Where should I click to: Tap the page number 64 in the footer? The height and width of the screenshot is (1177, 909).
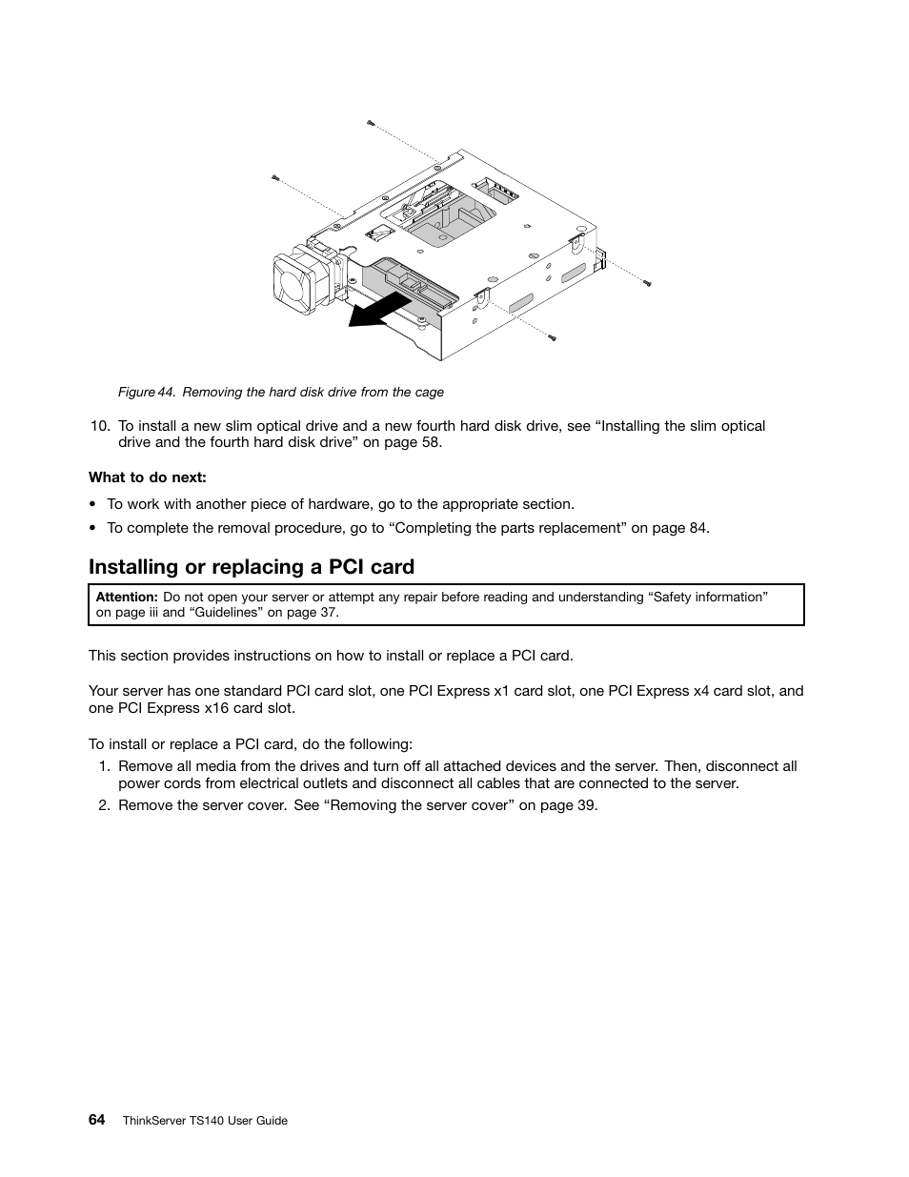pyautogui.click(x=97, y=1120)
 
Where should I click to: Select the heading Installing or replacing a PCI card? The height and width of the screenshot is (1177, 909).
pyautogui.click(x=252, y=567)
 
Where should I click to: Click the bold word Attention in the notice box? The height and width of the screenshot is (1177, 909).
pyautogui.click(x=127, y=598)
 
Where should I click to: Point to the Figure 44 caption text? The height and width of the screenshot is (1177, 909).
pyautogui.click(x=281, y=393)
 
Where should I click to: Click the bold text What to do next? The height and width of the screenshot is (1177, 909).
pyautogui.click(x=148, y=477)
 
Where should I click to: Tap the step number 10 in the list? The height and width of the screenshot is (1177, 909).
pyautogui.click(x=98, y=426)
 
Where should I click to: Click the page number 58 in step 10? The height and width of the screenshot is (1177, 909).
pyautogui.click(x=430, y=442)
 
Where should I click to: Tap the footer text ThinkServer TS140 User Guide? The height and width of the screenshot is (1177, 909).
pyautogui.click(x=205, y=1121)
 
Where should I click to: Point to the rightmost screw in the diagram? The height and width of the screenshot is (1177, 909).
pyautogui.click(x=647, y=283)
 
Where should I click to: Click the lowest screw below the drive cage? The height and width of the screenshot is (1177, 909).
pyautogui.click(x=552, y=337)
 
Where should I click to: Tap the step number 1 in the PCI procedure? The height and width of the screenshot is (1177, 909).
pyautogui.click(x=102, y=766)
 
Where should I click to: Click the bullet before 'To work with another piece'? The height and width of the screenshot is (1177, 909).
pyautogui.click(x=92, y=504)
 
